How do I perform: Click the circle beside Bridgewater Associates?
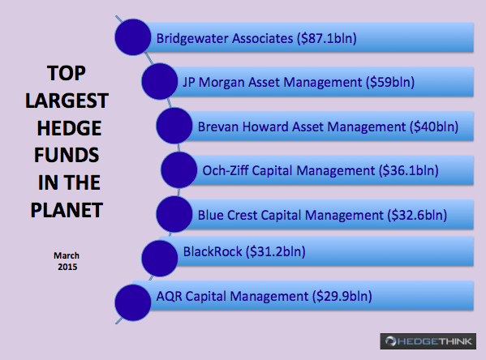coord(133,37)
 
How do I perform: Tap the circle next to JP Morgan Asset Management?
coord(160,81)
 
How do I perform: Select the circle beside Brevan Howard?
coord(174,126)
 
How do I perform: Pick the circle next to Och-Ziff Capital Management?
coord(179,169)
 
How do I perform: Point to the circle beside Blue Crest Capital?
coord(174,214)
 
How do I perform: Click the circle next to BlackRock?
coord(160,259)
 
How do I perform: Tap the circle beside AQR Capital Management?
coord(133,302)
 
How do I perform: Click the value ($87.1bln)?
coord(327,38)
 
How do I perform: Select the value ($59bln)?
coord(390,83)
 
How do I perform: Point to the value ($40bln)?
coord(434,126)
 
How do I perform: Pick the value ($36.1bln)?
coord(409,171)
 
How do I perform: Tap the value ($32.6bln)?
coord(417,215)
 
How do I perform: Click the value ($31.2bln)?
coord(276,251)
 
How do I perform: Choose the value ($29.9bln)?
coord(342,296)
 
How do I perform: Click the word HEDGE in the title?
coord(69,128)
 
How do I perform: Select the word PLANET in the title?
coord(67,210)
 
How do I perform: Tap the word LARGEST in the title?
coord(67,101)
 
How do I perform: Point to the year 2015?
coord(67,267)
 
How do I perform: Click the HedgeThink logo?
coord(428,341)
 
